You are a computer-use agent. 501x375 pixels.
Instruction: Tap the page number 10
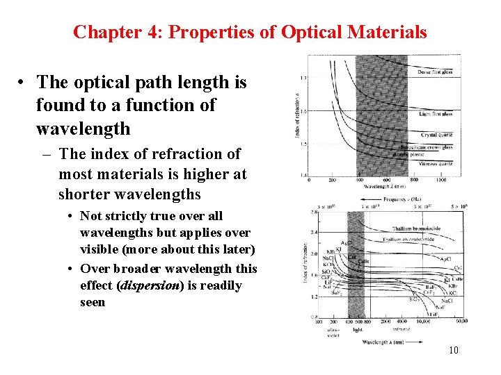(x=453, y=350)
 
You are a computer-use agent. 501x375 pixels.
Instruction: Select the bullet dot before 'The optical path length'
(x=23, y=83)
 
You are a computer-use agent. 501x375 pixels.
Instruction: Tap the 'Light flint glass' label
(x=436, y=113)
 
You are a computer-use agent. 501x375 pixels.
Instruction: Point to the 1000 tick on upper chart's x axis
(x=440, y=180)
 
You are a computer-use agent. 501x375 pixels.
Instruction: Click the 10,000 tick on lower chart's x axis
(x=425, y=322)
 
